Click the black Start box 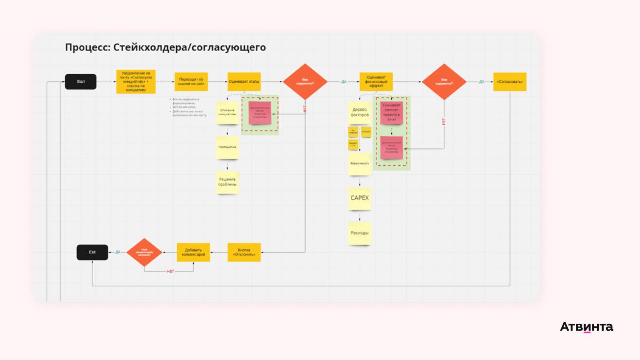point(80,82)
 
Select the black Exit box point(92,252)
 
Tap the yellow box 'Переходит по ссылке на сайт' point(191,82)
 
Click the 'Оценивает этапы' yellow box point(244,82)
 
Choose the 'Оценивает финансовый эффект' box point(376,82)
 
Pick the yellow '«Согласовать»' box point(510,82)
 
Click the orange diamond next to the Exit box point(144,252)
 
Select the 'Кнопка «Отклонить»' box point(244,252)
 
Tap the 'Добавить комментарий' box point(193,252)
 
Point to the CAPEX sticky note point(360,198)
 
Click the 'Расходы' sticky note point(360,233)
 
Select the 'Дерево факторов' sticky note point(360,112)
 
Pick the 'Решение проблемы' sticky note point(227,182)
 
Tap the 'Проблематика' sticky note point(227,148)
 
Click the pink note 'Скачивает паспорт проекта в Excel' point(392,112)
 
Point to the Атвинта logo point(586,327)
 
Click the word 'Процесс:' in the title point(88,48)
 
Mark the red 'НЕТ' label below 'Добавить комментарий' point(170,272)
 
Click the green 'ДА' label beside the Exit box point(118,252)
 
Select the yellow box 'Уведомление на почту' point(136,82)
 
